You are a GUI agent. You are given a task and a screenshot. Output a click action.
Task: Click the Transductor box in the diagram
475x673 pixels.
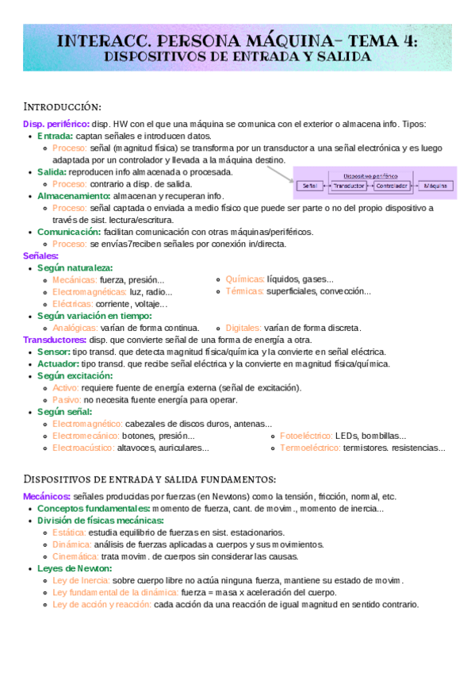350,186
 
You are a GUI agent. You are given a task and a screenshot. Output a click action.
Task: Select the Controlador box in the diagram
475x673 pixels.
391,186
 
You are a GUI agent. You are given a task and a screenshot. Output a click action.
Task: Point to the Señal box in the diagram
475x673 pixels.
309,186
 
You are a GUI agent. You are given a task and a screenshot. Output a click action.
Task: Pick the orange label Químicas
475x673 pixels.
244,279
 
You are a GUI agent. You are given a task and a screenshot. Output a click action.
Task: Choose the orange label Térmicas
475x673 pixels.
244,291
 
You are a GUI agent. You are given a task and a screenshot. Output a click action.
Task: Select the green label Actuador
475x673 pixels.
57,363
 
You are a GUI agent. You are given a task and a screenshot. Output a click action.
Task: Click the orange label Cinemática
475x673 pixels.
75,556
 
